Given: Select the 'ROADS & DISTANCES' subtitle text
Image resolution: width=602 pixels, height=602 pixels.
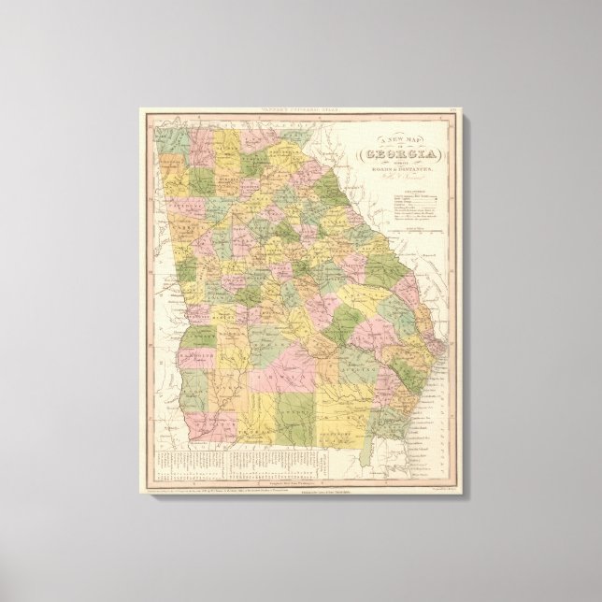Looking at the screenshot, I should (394, 174).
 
